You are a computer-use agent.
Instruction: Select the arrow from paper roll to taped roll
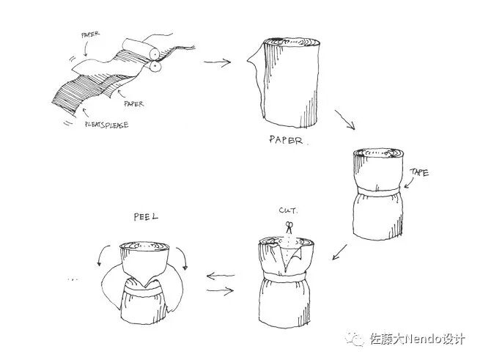pyautogui.click(x=344, y=122)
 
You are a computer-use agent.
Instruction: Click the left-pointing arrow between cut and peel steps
pyautogui.click(x=221, y=277)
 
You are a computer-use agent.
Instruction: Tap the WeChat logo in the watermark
pyautogui.click(x=357, y=340)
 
